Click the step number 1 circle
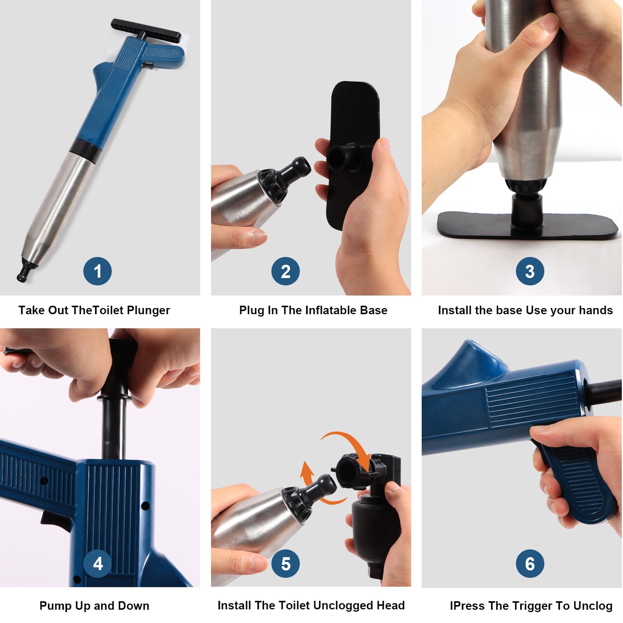coord(97,271)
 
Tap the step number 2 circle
coord(285,271)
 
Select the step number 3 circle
coord(530,271)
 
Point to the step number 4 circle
coord(98,563)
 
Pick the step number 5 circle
coord(286,563)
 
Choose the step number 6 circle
coord(530,563)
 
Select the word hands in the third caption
coord(595,310)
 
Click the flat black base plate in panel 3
coord(528,225)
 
